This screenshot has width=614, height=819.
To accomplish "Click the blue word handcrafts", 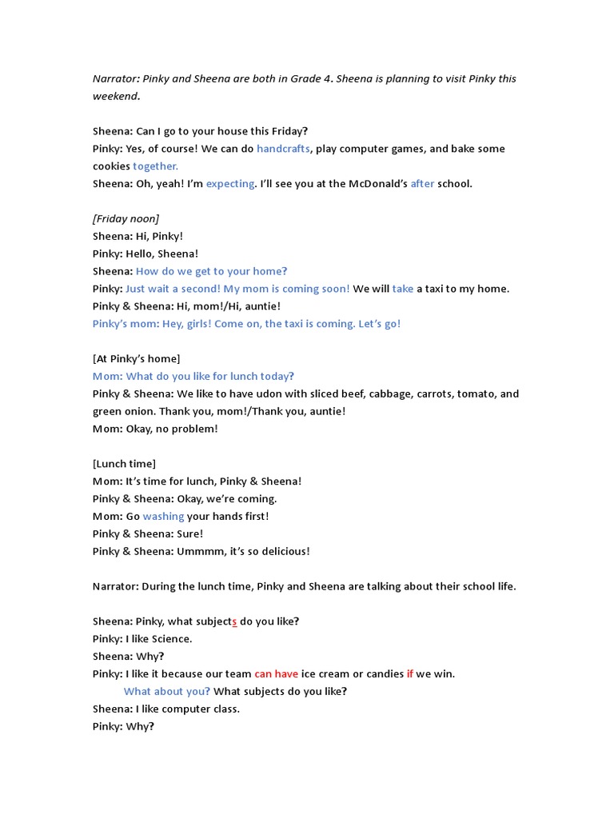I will [283, 149].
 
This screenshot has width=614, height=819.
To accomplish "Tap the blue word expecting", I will [230, 184].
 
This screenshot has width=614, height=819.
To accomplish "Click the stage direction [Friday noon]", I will [126, 218].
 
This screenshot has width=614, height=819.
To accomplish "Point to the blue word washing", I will [163, 517].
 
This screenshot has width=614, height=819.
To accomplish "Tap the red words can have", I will [276, 674].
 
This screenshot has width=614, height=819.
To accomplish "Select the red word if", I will [410, 674].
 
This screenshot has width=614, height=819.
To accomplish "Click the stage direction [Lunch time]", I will [124, 464].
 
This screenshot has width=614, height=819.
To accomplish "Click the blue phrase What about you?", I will [167, 692].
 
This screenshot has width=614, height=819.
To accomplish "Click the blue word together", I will [155, 166].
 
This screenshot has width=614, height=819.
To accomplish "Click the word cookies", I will [111, 166].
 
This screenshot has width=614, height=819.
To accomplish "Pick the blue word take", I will [403, 289].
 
